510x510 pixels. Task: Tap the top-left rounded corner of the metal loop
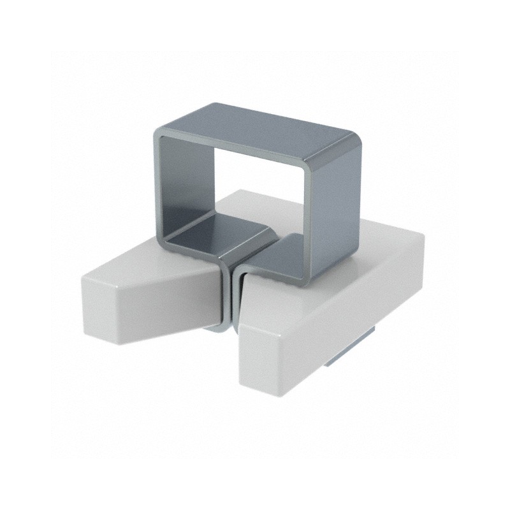[159, 133]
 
